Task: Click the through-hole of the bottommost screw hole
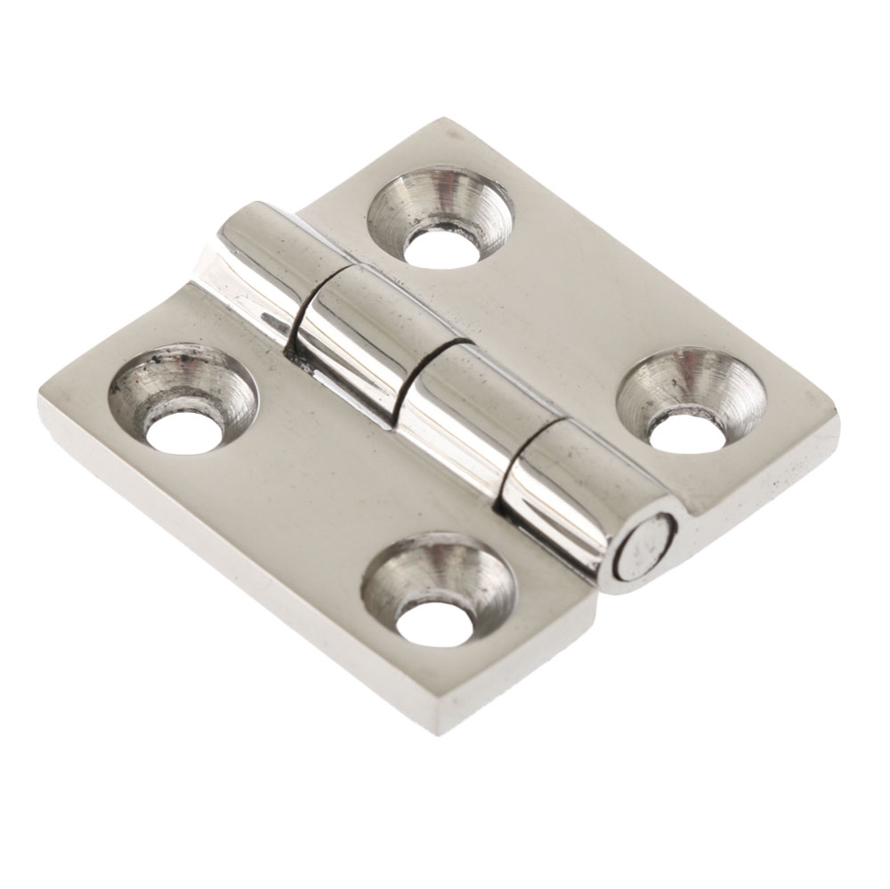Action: tap(433, 621)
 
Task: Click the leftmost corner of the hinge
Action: tap(40, 400)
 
